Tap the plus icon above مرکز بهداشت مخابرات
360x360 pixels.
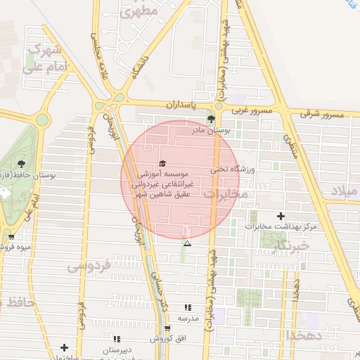click(281, 216)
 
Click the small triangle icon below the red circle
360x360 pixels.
click(187, 243)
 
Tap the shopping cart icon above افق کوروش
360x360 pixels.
click(167, 328)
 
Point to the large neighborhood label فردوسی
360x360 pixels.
click(89, 267)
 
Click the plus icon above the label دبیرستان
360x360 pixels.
click(65, 347)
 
